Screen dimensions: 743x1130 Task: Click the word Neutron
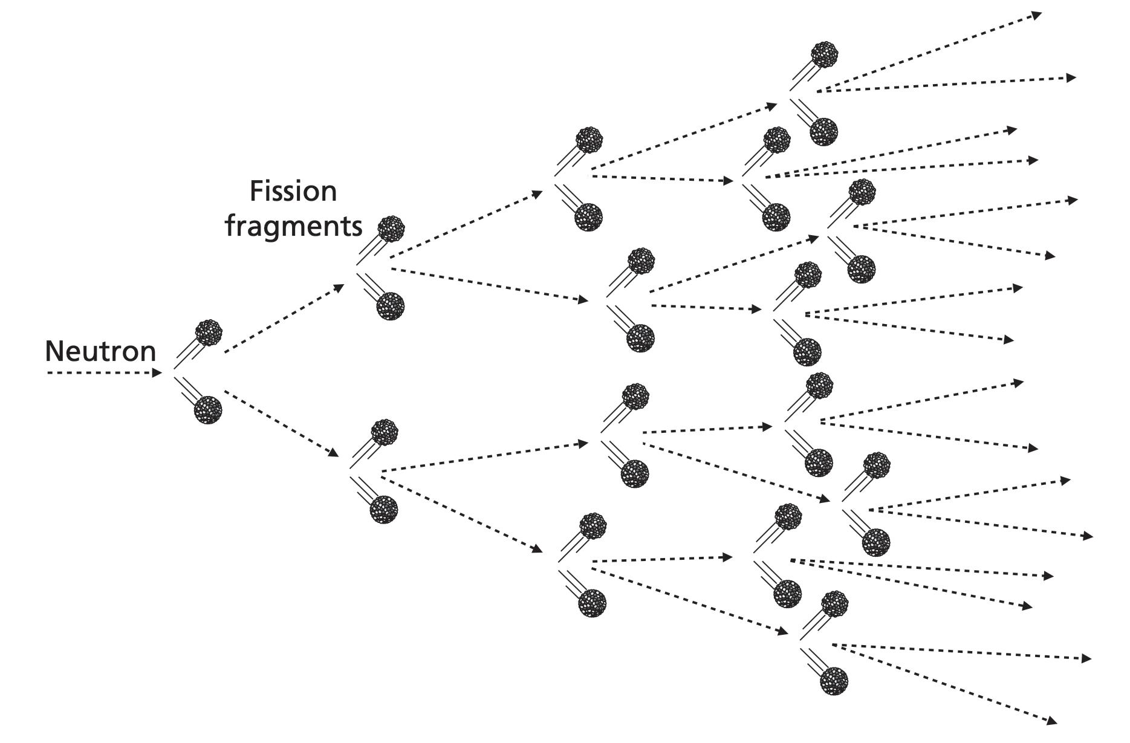pyautogui.click(x=100, y=351)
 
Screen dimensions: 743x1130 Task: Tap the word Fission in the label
pyautogui.click(x=293, y=192)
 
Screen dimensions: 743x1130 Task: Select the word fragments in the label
pyautogui.click(x=293, y=227)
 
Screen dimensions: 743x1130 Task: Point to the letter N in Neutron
pyautogui.click(x=54, y=351)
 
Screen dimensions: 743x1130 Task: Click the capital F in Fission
pyautogui.click(x=256, y=192)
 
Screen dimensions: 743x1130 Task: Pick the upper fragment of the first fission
pyautogui.click(x=209, y=333)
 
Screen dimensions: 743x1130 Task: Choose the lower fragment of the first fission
pyautogui.click(x=208, y=410)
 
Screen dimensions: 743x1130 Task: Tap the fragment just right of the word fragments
pyautogui.click(x=391, y=229)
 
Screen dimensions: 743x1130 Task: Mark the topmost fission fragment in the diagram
pyautogui.click(x=825, y=55)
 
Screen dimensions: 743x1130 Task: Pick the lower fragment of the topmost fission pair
pyautogui.click(x=823, y=131)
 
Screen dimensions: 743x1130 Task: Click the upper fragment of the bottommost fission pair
pyautogui.click(x=835, y=604)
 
